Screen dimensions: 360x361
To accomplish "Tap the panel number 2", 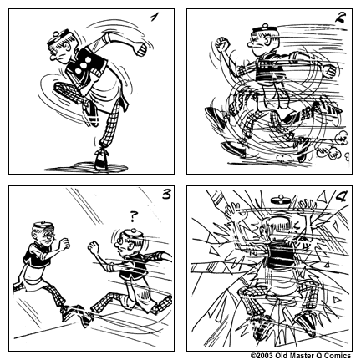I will coord(339,18).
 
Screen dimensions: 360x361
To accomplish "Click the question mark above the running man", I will coord(131,217).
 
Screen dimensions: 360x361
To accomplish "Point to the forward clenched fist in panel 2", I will coord(221,42).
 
